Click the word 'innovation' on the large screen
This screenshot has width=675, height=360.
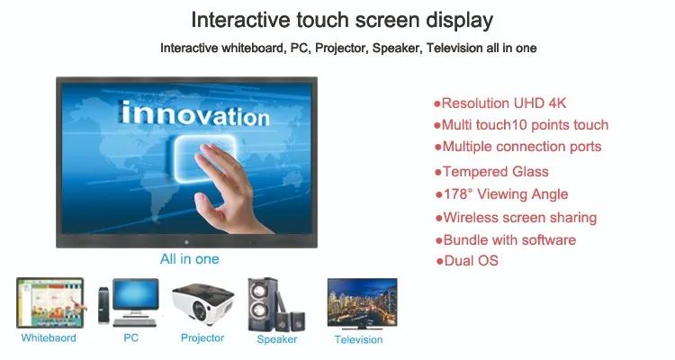[x=195, y=114]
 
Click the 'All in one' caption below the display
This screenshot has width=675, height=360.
[x=189, y=259]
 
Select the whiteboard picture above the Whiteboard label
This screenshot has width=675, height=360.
[x=50, y=303]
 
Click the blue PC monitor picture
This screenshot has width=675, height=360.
[x=135, y=297]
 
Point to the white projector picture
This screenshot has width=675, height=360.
[x=202, y=304]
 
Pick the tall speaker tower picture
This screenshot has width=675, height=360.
[x=262, y=304]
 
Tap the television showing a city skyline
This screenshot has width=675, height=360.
[x=362, y=303]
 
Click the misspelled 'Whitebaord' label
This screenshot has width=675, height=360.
[x=49, y=338]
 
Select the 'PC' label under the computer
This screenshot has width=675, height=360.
[x=130, y=338]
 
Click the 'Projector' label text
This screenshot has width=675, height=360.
[x=202, y=338]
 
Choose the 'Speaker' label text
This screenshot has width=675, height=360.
[x=277, y=339]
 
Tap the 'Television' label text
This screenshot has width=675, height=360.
[x=358, y=340]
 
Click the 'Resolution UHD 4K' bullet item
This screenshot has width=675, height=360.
[x=499, y=103]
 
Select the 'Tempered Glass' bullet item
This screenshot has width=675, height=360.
[x=491, y=172]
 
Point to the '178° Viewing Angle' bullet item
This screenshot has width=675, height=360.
[x=501, y=194]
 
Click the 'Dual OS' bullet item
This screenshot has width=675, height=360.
[x=467, y=260]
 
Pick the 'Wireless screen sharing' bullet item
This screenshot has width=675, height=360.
[x=517, y=218]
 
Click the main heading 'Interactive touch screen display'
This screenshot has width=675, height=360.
[x=342, y=20]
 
